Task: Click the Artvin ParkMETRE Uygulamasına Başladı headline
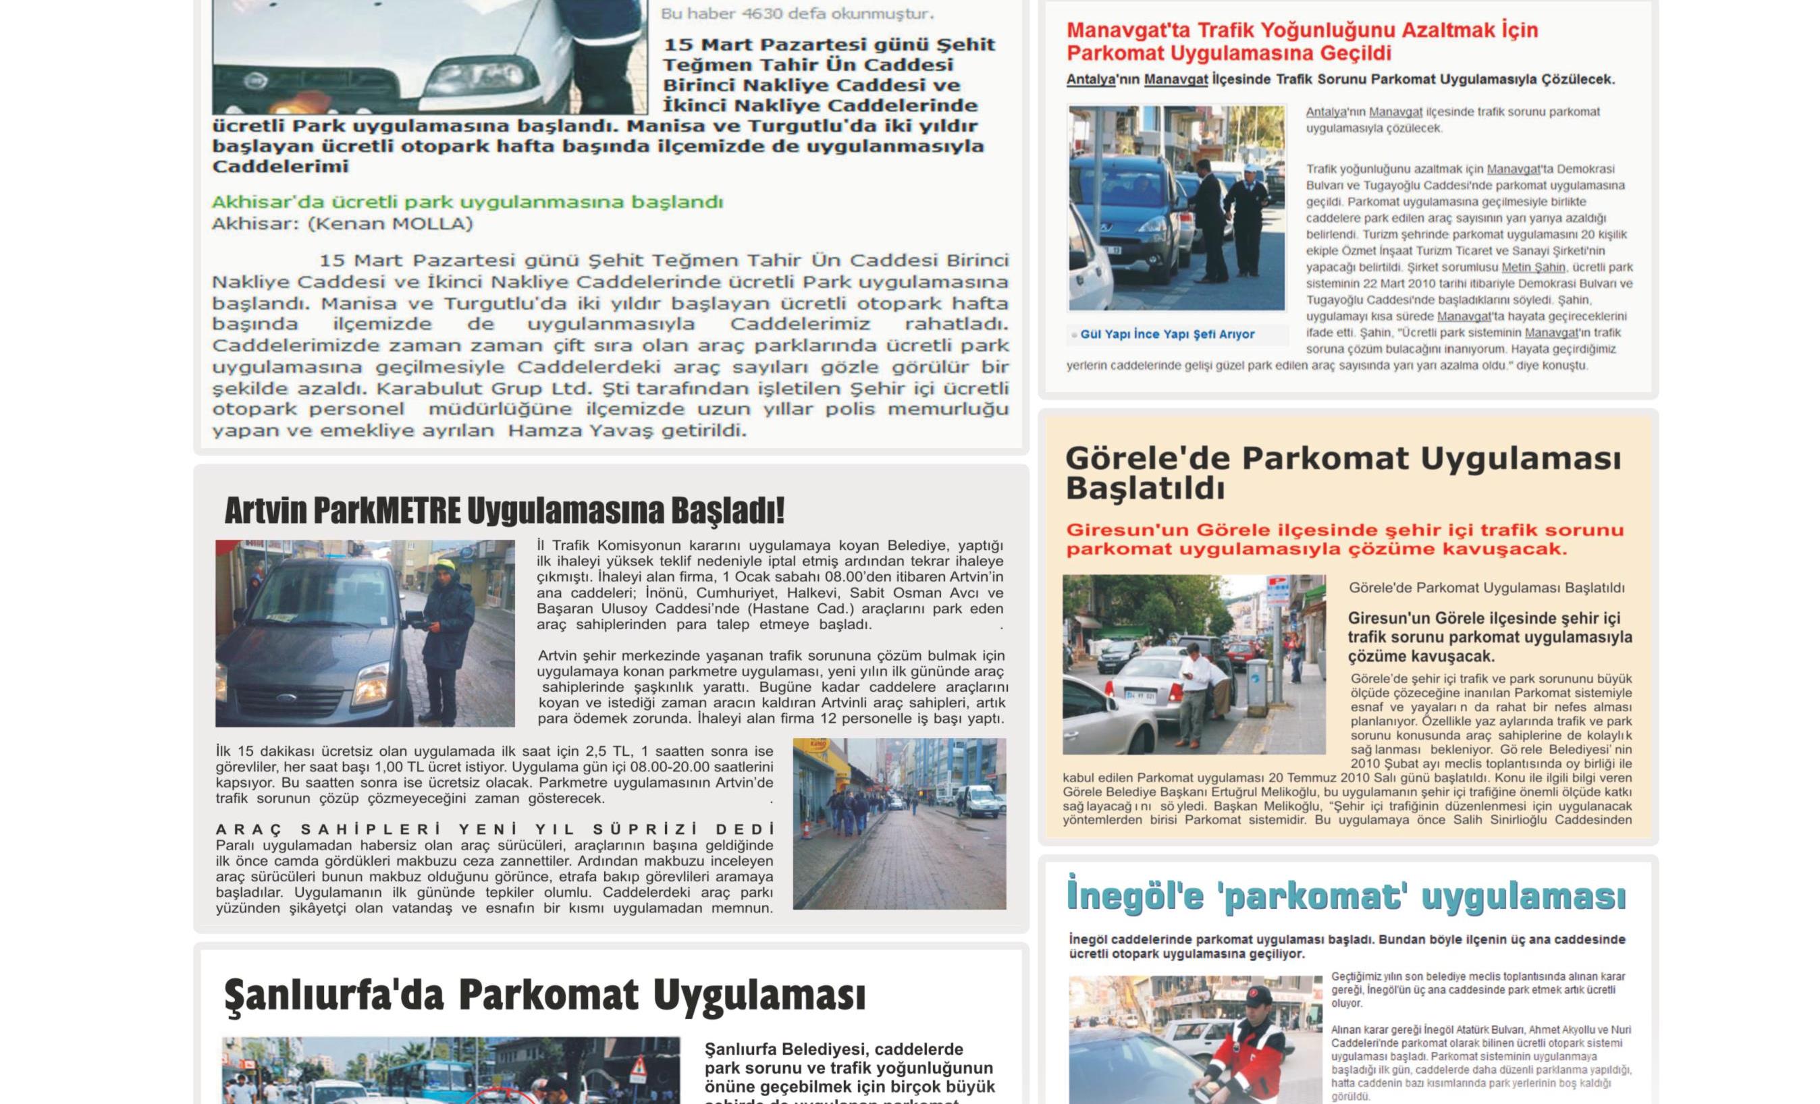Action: (x=504, y=511)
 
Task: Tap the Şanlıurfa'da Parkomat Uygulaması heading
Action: (x=544, y=995)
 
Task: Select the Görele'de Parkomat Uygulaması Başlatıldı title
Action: (x=1342, y=472)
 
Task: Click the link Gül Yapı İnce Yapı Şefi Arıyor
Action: (x=1167, y=335)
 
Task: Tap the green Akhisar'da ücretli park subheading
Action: (x=467, y=202)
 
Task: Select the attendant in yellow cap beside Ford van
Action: (x=449, y=635)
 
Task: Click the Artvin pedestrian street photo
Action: (x=899, y=823)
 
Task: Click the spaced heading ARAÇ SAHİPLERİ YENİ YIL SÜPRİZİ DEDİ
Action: (x=495, y=829)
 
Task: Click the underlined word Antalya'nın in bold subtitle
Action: (x=1090, y=80)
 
